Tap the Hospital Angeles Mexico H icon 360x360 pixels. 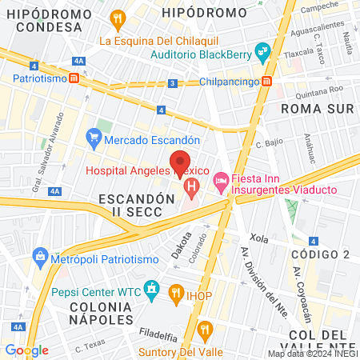click(191, 189)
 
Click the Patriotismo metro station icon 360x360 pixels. click(74, 78)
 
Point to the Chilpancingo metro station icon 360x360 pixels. click(267, 82)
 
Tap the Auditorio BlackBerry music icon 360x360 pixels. click(262, 54)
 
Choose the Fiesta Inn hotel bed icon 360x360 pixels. click(221, 182)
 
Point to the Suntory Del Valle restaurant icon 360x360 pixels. click(206, 329)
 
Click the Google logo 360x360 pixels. click(26, 350)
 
